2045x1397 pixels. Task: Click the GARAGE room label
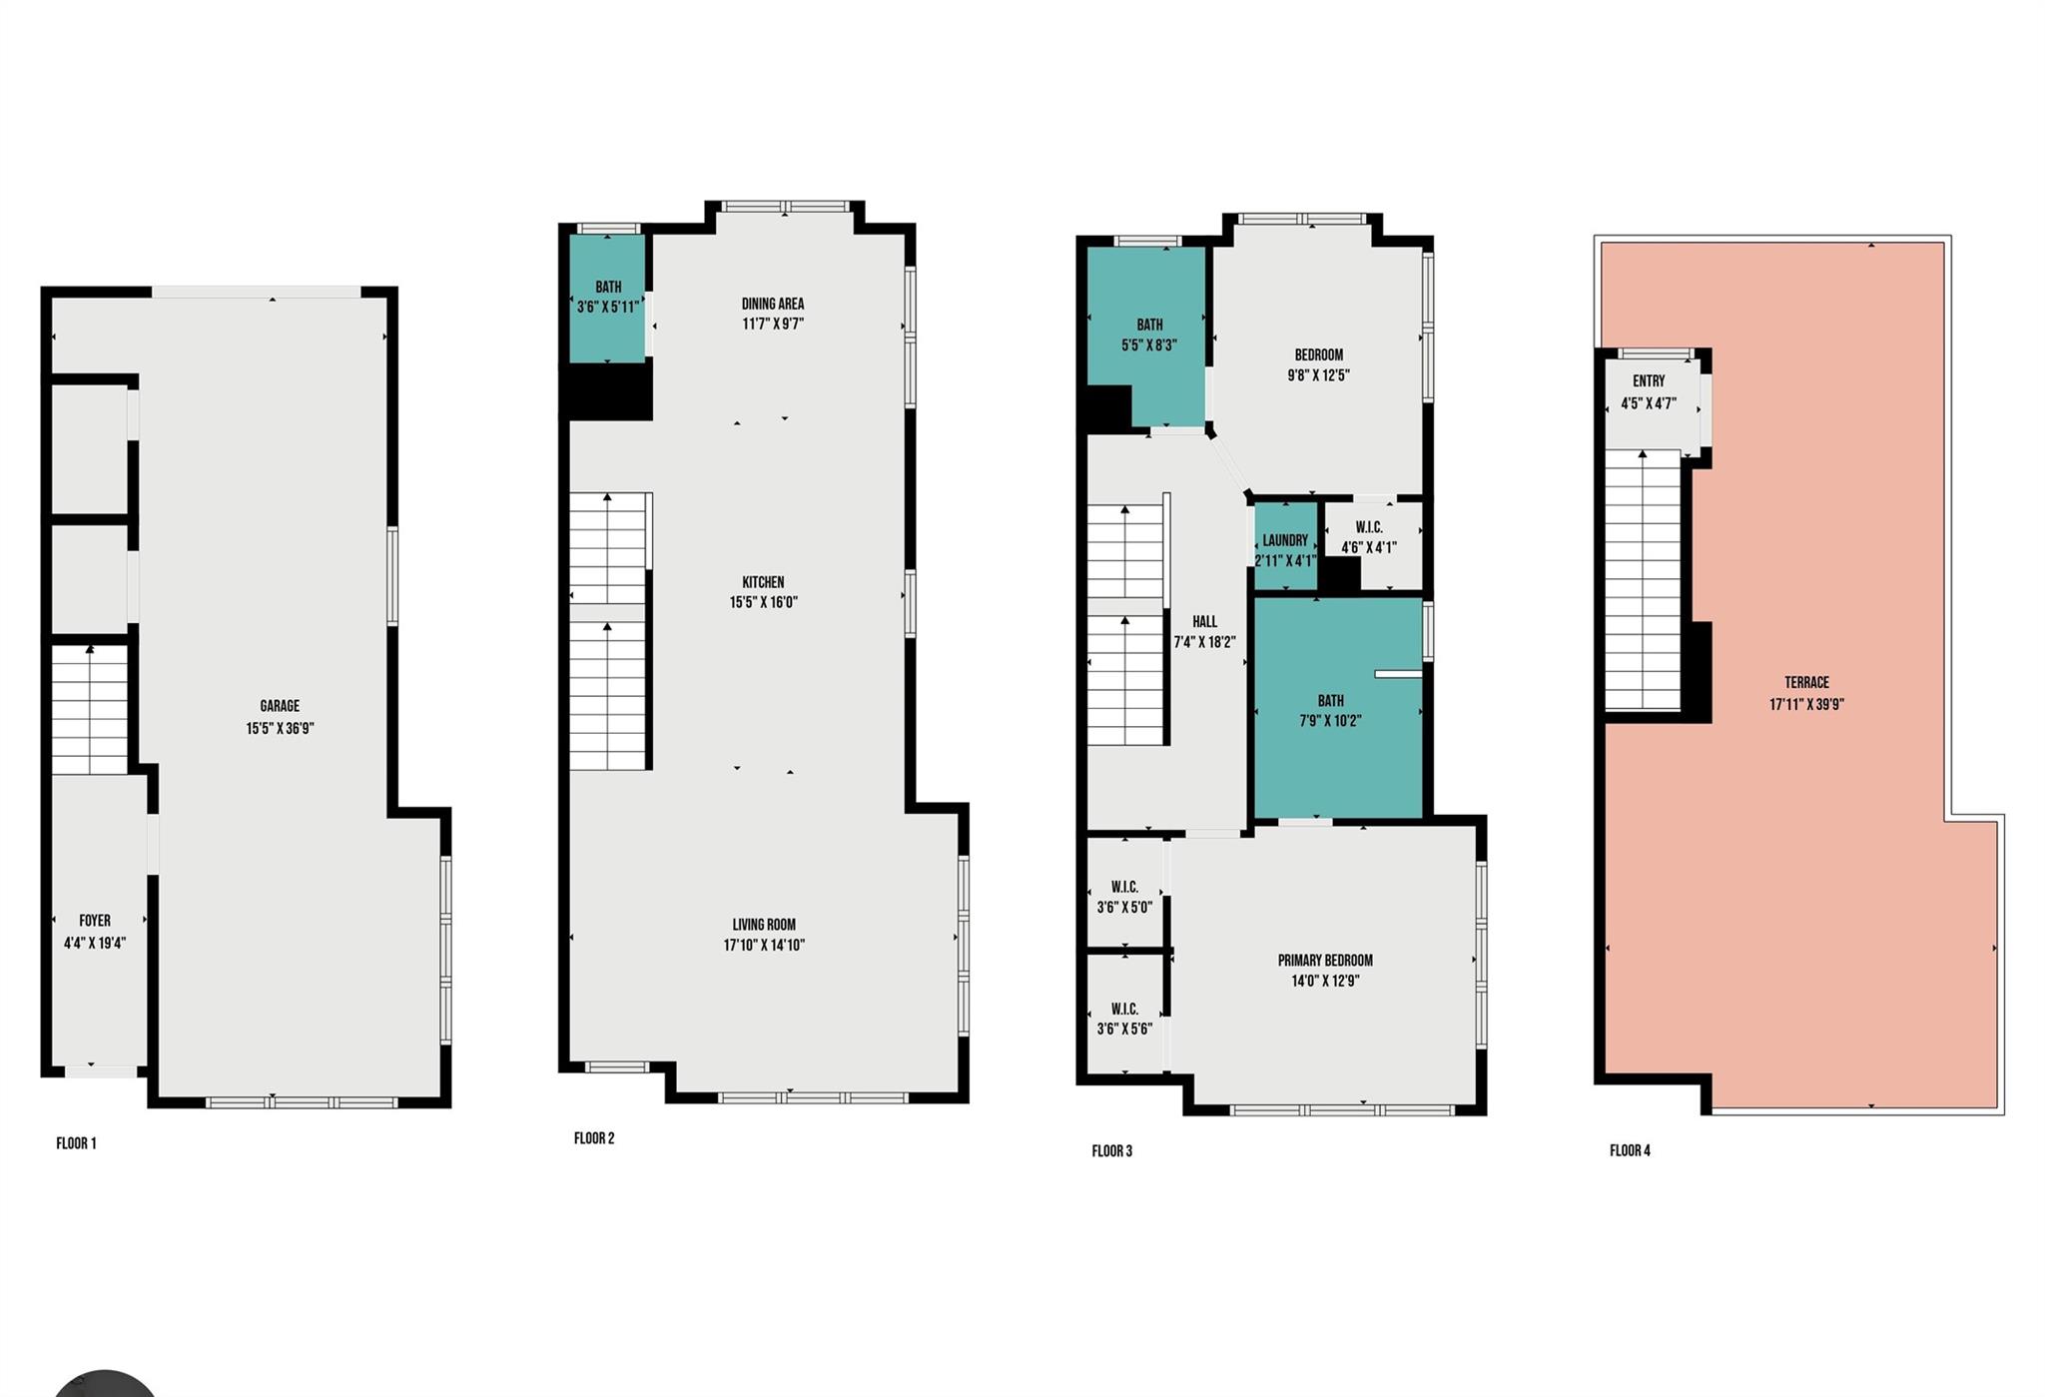[x=280, y=706]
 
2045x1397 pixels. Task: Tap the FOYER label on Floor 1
[x=95, y=921]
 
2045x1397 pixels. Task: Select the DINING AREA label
[x=772, y=304]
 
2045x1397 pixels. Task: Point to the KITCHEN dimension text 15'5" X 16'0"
[x=764, y=602]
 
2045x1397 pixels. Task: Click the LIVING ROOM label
[x=764, y=925]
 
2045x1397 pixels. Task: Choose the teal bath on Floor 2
[x=607, y=297]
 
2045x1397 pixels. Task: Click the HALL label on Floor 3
[x=1204, y=621]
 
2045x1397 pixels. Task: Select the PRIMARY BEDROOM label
[x=1325, y=961]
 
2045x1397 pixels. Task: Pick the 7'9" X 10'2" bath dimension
[x=1330, y=721]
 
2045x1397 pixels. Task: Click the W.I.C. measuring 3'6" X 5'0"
[x=1124, y=897]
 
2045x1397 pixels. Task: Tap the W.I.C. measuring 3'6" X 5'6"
[x=1124, y=1019]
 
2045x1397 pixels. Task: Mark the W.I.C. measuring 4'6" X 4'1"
[x=1369, y=537]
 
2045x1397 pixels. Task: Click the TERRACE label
[x=1806, y=683]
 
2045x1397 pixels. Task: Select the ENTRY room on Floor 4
[x=1649, y=392]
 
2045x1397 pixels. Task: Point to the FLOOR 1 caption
[x=76, y=1143]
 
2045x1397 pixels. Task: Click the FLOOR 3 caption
[x=1111, y=1151]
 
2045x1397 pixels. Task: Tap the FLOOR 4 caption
[x=1630, y=1150]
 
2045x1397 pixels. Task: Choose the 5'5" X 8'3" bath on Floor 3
[x=1149, y=335]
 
